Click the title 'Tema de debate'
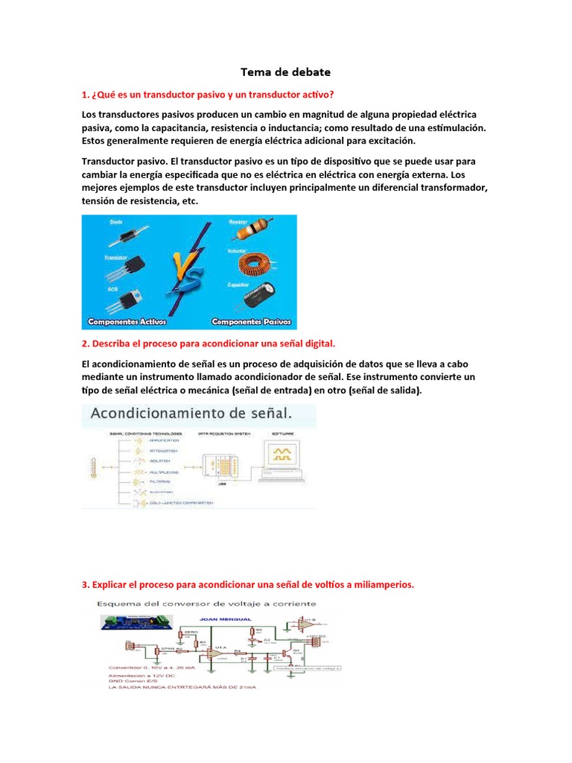pos(285,72)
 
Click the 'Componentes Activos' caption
pos(127,323)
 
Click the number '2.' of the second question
pos(86,343)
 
